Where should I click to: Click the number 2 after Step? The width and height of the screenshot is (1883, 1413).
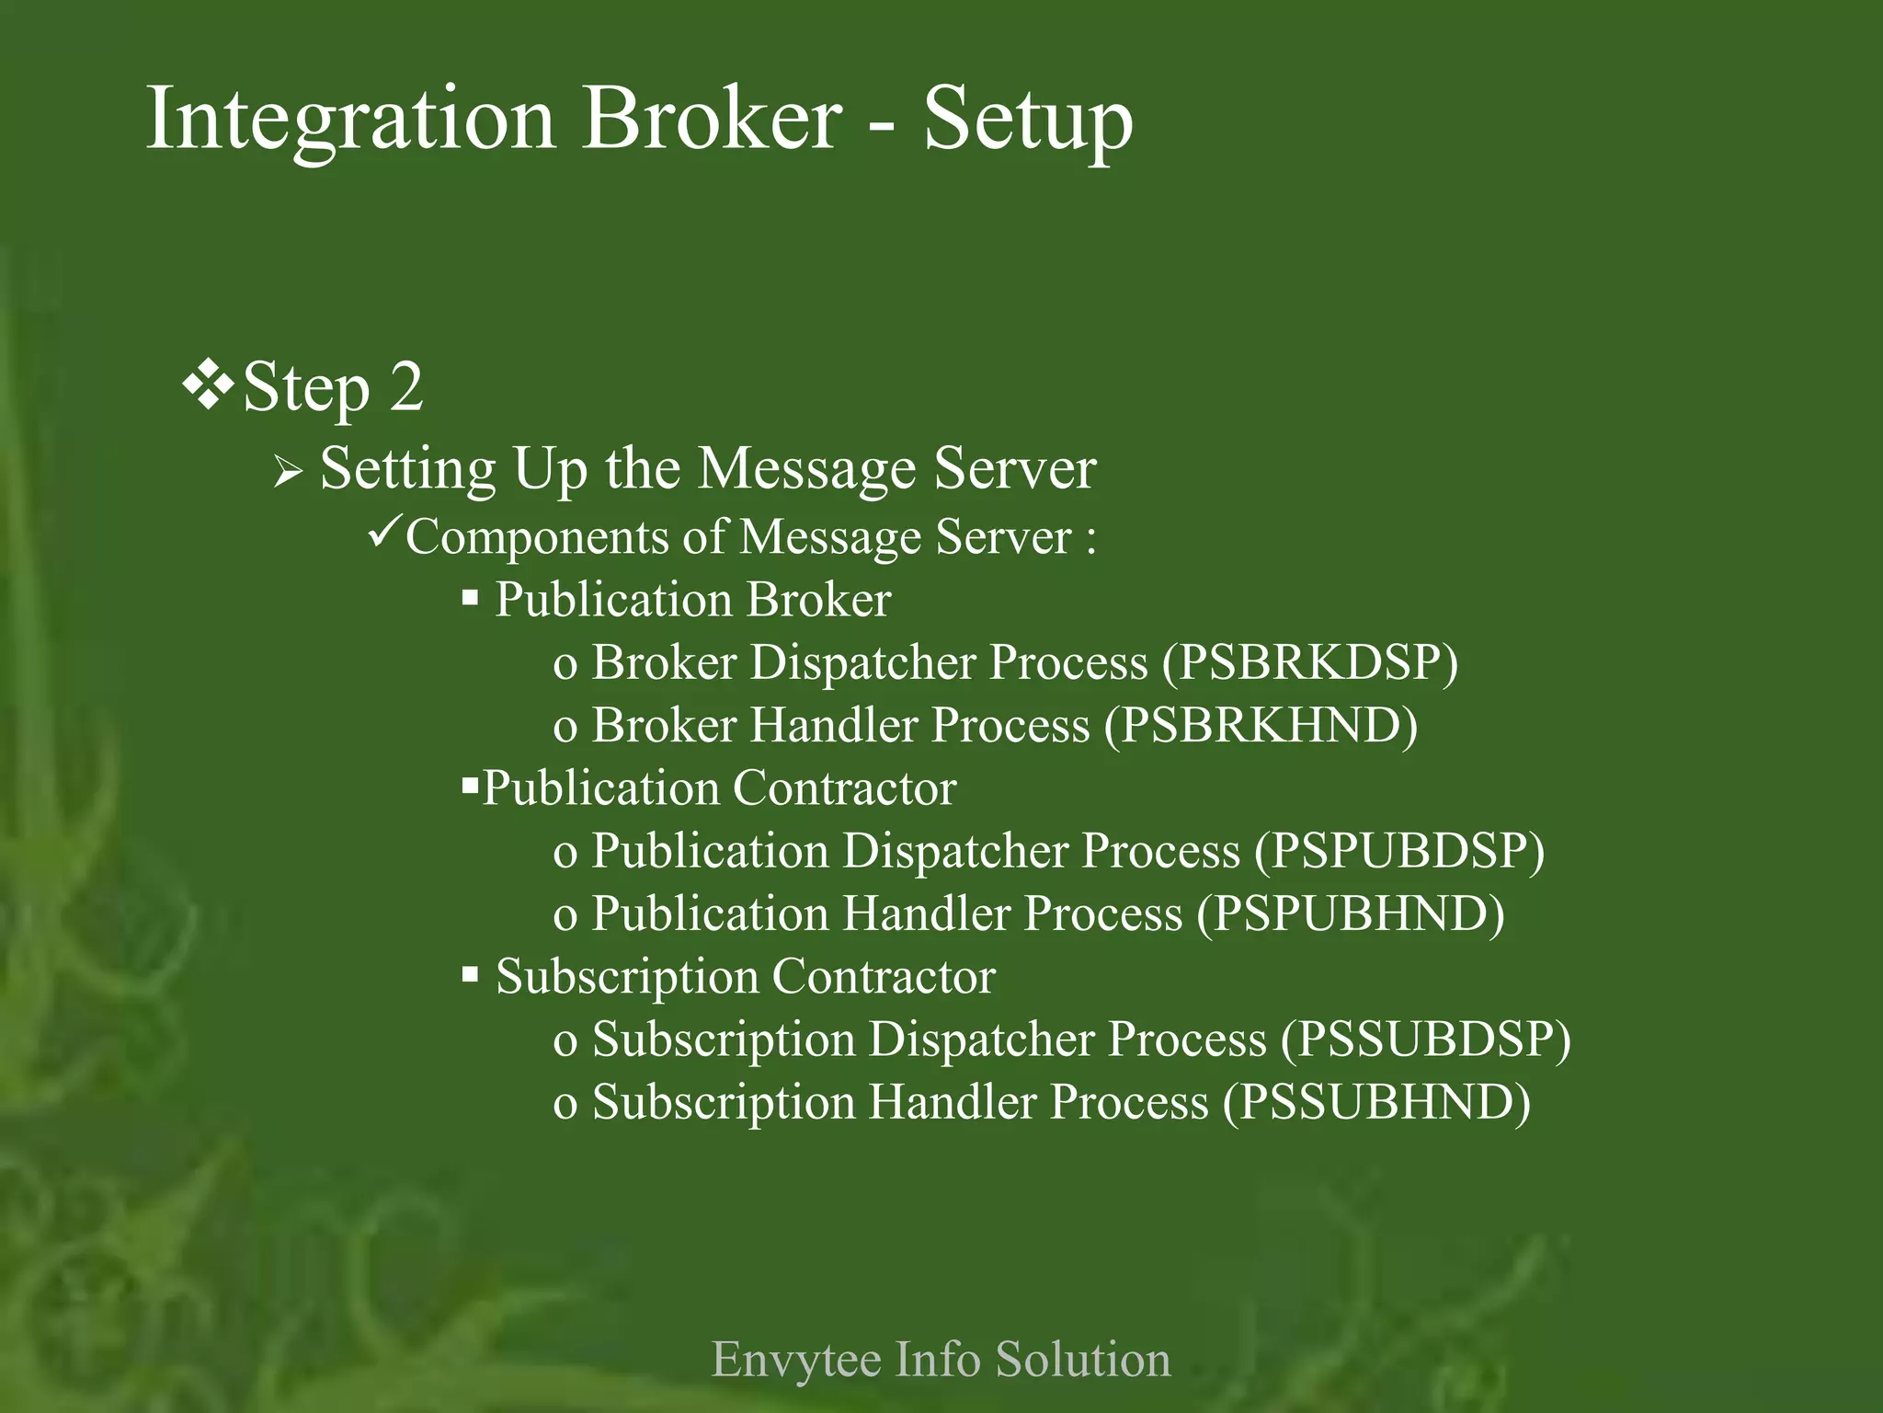tap(406, 387)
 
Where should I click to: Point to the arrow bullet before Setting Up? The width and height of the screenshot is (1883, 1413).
tap(288, 473)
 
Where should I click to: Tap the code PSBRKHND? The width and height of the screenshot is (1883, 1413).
tap(1261, 725)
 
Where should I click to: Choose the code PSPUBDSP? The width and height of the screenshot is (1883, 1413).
tap(1399, 851)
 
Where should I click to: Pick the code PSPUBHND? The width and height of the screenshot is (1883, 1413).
tap(1351, 913)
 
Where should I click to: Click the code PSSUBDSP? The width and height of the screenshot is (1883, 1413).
tap(1426, 1040)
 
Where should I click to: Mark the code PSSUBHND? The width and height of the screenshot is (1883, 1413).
tap(1376, 1102)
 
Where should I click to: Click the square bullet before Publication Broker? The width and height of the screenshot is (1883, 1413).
tap(470, 599)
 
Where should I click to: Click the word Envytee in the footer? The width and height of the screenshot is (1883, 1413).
tap(795, 1360)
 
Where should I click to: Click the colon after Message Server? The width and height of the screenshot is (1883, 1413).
tap(1090, 539)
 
